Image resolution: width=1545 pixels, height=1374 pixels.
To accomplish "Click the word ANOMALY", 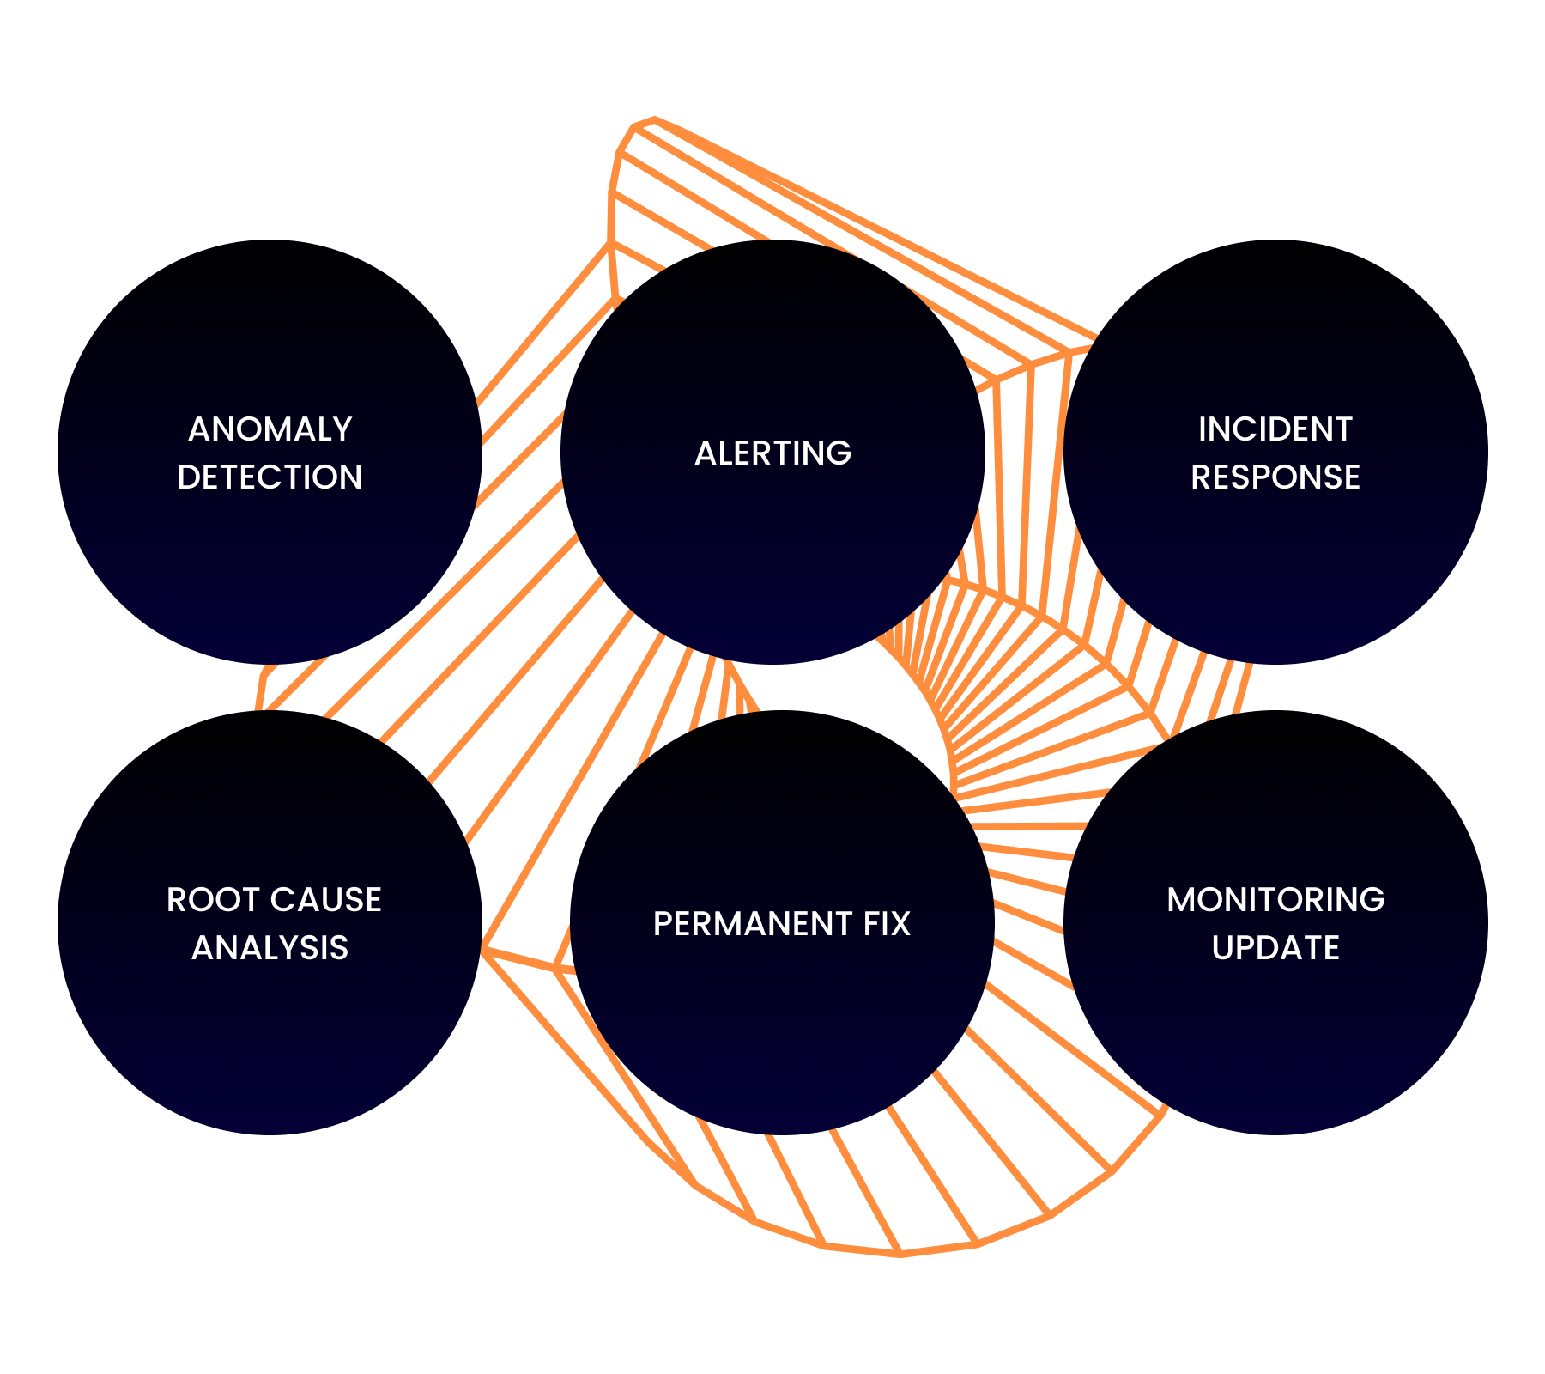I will [270, 429].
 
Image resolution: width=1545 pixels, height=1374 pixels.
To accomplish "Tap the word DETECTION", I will [270, 477].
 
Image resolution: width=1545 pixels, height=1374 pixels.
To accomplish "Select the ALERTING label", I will [772, 453].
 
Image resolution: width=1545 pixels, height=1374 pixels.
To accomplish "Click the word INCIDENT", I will [1275, 429].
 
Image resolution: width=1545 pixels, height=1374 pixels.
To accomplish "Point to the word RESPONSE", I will [1275, 477].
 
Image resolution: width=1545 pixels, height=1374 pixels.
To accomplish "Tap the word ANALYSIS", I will [270, 948].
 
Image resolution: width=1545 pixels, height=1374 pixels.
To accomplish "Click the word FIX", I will [887, 924].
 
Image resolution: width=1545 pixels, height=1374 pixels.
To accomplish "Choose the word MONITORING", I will [1275, 900].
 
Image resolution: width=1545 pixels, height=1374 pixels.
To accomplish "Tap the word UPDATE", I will [1275, 948].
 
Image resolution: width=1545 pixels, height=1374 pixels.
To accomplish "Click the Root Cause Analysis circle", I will [270, 1030].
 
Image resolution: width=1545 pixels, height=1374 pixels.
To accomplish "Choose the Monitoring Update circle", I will [1275, 1030].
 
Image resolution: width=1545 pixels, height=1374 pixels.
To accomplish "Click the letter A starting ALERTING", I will [706, 453].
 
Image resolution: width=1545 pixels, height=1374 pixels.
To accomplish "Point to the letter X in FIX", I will [900, 924].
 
